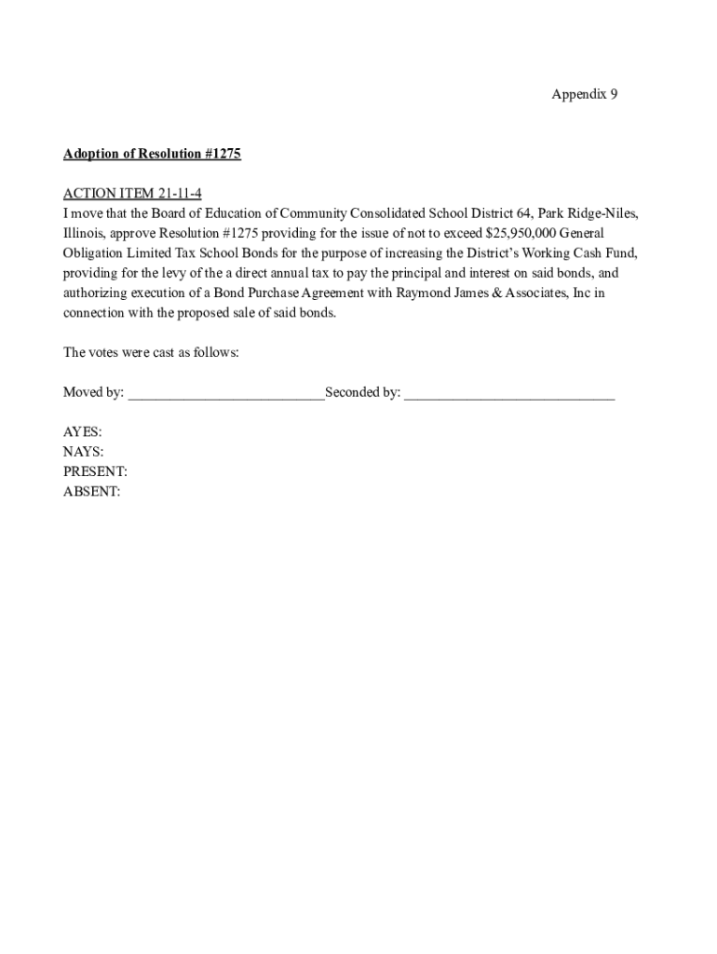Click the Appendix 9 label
tap(584, 94)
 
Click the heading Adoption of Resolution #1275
tap(152, 154)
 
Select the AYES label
tap(82, 433)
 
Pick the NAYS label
tap(83, 453)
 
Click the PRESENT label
tap(95, 472)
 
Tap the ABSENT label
tap(91, 492)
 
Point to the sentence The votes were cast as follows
tap(151, 353)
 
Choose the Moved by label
tap(93, 393)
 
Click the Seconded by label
tap(362, 393)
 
